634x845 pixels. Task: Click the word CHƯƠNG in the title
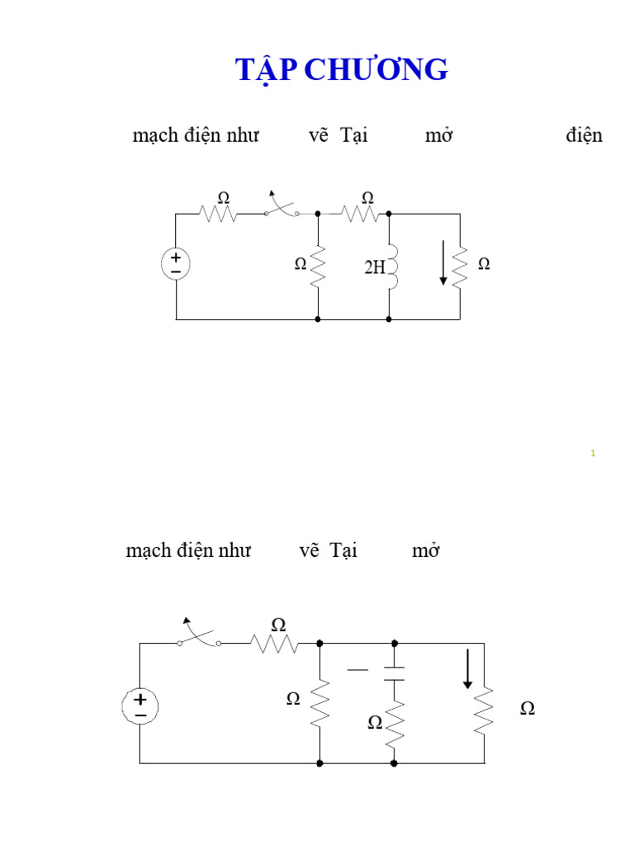tap(376, 71)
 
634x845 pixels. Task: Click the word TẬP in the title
tap(267, 71)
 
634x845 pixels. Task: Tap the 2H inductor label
tap(375, 267)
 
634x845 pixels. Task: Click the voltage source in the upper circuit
tap(176, 264)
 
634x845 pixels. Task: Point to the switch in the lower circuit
tap(199, 636)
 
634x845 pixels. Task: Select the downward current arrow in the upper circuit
tap(443, 262)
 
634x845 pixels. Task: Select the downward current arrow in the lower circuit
tap(467, 668)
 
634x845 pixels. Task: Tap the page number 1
tap(593, 453)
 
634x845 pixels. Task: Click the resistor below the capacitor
tap(395, 723)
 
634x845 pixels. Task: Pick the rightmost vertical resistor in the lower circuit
tap(484, 707)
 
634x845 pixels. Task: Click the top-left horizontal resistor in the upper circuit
tap(218, 214)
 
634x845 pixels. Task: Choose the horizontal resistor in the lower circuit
tap(275, 643)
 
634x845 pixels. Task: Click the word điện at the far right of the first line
tap(584, 135)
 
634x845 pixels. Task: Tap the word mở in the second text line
tap(425, 550)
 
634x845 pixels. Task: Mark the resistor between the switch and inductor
tap(360, 214)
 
